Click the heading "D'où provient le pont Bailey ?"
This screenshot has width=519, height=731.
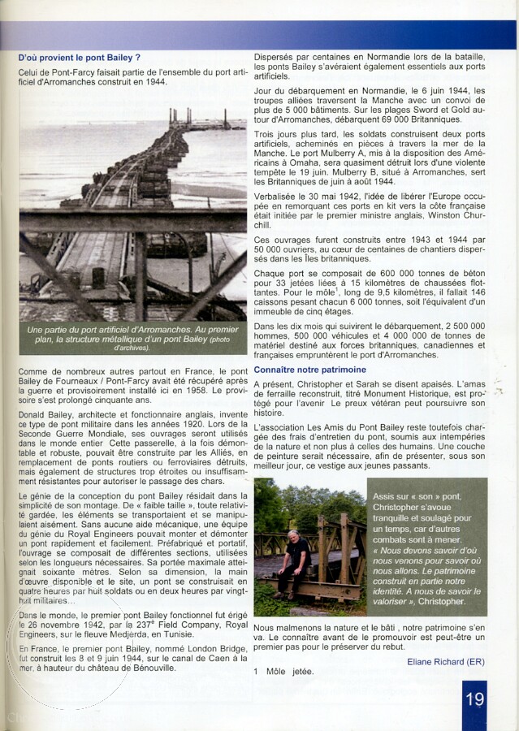click(80, 58)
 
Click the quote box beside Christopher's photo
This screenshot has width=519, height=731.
click(427, 547)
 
